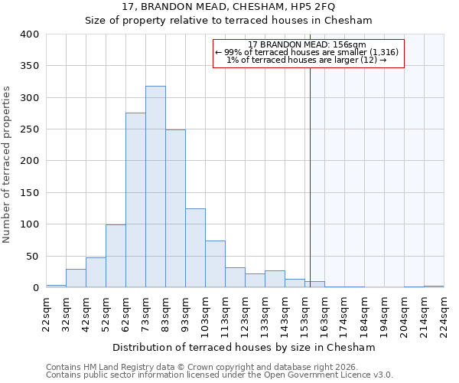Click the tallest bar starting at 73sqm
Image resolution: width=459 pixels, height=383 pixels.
tap(155, 187)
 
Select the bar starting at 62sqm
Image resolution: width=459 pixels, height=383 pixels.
tap(135, 201)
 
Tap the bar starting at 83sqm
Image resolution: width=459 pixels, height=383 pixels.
tap(175, 208)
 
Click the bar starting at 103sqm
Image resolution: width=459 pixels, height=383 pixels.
tap(215, 264)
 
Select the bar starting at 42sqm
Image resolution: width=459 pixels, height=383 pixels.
tap(96, 273)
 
